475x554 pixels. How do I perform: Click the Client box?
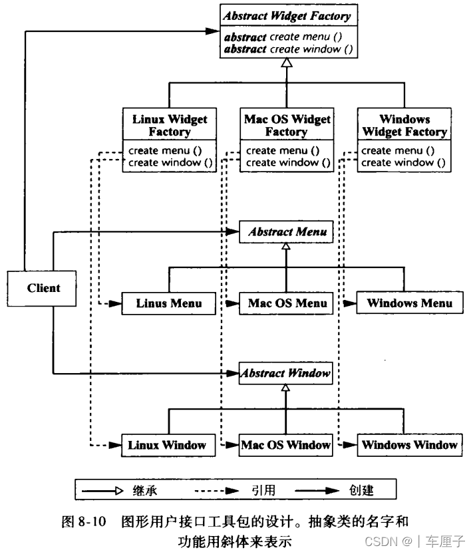tap(43, 288)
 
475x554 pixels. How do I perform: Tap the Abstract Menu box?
tap(286, 232)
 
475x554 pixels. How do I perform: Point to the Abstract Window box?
tap(286, 373)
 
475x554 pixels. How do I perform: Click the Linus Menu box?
tap(169, 303)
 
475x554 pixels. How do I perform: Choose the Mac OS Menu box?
tap(287, 303)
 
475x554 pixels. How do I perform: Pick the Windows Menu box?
tap(409, 303)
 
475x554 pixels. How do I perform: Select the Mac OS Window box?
tap(286, 444)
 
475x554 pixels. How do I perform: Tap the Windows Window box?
tap(409, 444)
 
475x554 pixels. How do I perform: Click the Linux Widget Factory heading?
tap(170, 125)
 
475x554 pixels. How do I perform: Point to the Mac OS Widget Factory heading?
tap(287, 125)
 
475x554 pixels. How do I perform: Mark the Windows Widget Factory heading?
tap(404, 125)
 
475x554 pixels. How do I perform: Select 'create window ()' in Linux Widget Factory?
tap(170, 162)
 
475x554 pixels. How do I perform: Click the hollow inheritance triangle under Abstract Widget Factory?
tap(286, 63)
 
